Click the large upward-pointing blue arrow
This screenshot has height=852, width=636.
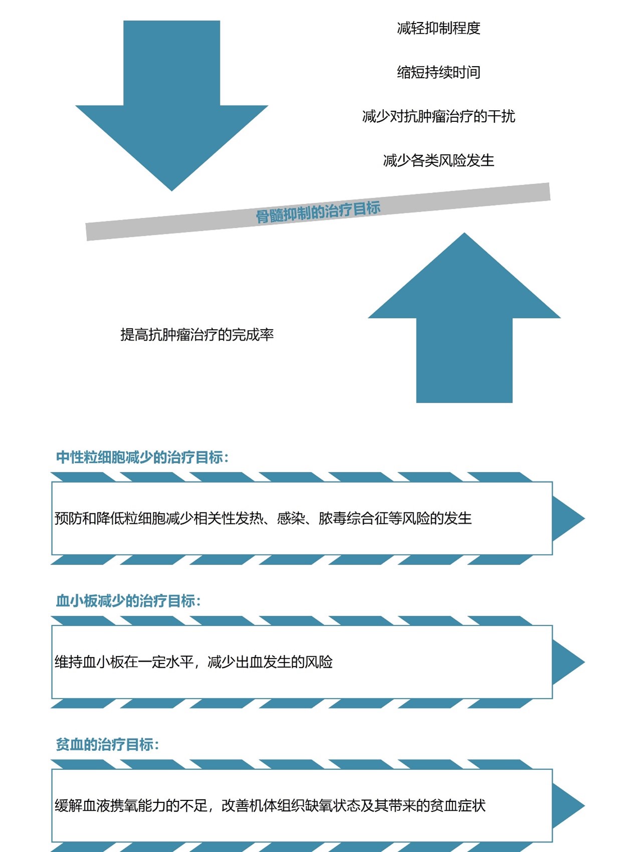click(464, 326)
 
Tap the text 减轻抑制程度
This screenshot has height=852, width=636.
click(439, 28)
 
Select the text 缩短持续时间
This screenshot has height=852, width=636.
click(439, 72)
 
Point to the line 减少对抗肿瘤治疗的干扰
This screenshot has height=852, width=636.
click(439, 116)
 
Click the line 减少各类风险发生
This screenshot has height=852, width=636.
click(439, 160)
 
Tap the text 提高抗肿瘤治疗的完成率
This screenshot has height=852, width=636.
click(197, 335)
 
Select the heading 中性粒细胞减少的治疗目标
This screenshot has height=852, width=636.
click(142, 457)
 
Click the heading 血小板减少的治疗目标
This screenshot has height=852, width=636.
click(128, 601)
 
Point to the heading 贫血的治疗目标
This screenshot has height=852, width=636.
click(107, 744)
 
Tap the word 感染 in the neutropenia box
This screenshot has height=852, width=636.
click(291, 518)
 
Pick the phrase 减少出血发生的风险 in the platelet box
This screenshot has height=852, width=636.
click(270, 662)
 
